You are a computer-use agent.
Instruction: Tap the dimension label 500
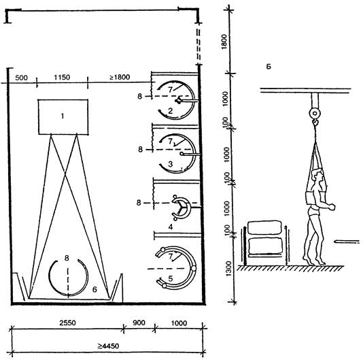(x=21, y=78)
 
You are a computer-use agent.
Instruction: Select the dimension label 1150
(x=62, y=77)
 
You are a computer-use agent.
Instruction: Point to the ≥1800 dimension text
(x=120, y=77)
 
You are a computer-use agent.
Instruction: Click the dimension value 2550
(x=67, y=323)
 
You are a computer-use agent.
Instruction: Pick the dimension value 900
(x=139, y=323)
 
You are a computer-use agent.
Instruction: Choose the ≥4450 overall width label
(x=108, y=346)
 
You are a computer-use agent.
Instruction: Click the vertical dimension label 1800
(x=224, y=42)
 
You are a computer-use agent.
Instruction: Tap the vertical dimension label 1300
(x=228, y=269)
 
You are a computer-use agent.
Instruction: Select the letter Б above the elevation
(x=269, y=67)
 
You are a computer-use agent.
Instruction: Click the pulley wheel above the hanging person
(x=315, y=114)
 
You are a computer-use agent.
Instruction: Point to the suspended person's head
(x=317, y=175)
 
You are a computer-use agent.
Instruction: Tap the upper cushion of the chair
(x=264, y=227)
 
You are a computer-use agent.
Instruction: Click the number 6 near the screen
(x=94, y=289)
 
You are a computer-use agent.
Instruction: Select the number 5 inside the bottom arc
(x=171, y=278)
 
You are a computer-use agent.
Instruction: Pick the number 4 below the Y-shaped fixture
(x=171, y=227)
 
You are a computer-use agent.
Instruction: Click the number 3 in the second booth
(x=171, y=164)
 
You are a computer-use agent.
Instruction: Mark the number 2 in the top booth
(x=171, y=111)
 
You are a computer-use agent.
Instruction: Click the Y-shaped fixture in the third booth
(x=181, y=207)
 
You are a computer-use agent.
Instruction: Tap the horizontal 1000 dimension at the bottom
(x=179, y=323)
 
